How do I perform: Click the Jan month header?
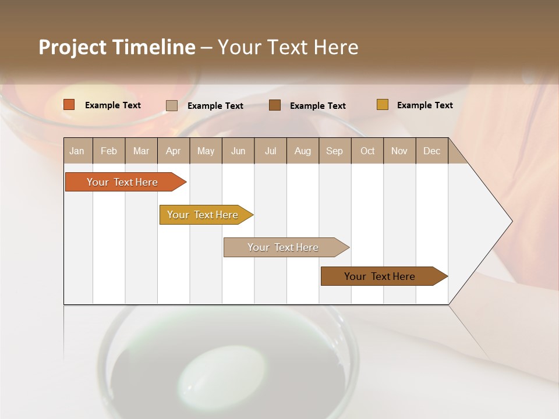pyautogui.click(x=77, y=151)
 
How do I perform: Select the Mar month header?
pyautogui.click(x=141, y=151)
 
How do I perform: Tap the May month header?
pyautogui.click(x=206, y=151)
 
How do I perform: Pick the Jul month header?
pyautogui.click(x=270, y=151)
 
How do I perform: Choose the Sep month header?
pyautogui.click(x=334, y=151)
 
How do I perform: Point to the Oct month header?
pyautogui.click(x=367, y=151)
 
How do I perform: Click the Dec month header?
pyautogui.click(x=431, y=151)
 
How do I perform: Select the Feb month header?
pyautogui.click(x=109, y=151)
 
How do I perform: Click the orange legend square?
pyautogui.click(x=69, y=105)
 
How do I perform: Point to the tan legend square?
pyautogui.click(x=172, y=105)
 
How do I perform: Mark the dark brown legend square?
pyautogui.click(x=275, y=105)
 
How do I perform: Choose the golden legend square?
pyautogui.click(x=383, y=105)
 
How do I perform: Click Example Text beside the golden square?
pyautogui.click(x=424, y=105)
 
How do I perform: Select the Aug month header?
pyautogui.click(x=303, y=151)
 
